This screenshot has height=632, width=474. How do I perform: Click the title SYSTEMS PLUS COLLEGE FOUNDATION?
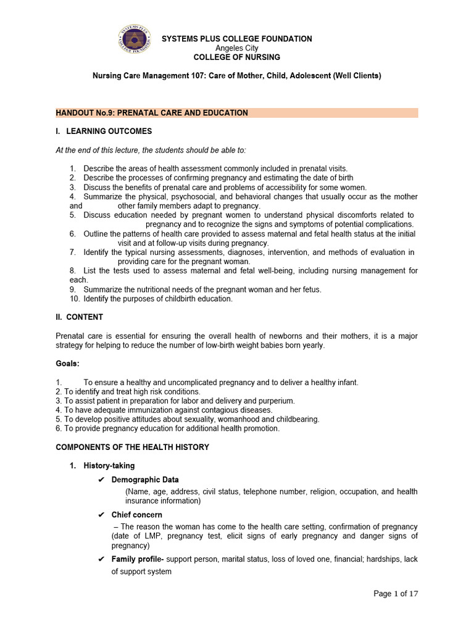tap(236, 39)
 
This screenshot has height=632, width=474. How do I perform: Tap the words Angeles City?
tap(236, 48)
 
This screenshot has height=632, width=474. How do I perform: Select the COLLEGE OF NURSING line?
tap(236, 57)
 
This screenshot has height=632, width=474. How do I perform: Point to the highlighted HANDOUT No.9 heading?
tap(152, 113)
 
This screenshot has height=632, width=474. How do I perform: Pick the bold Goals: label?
tap(67, 364)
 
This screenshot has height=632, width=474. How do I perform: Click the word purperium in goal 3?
tap(277, 401)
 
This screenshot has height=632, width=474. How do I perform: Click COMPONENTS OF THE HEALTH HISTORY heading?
tap(132, 447)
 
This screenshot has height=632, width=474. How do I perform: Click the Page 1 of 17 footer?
tap(396, 594)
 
